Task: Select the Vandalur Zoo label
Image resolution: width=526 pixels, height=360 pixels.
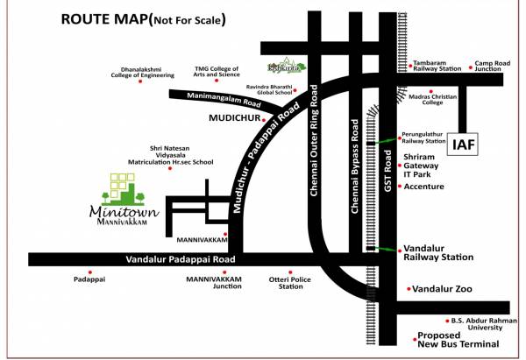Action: click(x=444, y=288)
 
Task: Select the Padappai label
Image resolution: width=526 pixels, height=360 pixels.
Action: click(x=89, y=282)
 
